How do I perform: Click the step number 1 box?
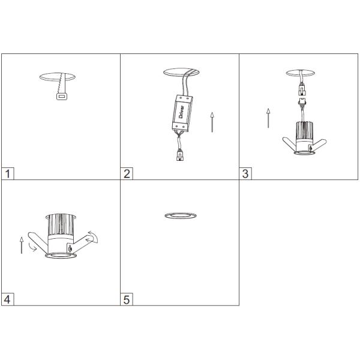tap(8, 173)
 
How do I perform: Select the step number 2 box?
tap(127, 173)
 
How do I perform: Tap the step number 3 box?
tap(245, 173)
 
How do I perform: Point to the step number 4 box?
tap(8, 299)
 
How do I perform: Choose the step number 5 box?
tap(127, 299)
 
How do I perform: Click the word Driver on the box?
tap(181, 112)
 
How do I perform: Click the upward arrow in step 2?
tap(212, 122)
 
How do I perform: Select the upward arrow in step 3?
tap(268, 118)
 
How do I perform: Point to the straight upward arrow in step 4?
tap(22, 245)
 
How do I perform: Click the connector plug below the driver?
tap(180, 155)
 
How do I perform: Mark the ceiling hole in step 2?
tap(181, 72)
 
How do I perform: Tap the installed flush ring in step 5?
tap(181, 215)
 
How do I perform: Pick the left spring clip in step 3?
tap(289, 144)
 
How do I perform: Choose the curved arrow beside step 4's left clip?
tap(32, 246)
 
